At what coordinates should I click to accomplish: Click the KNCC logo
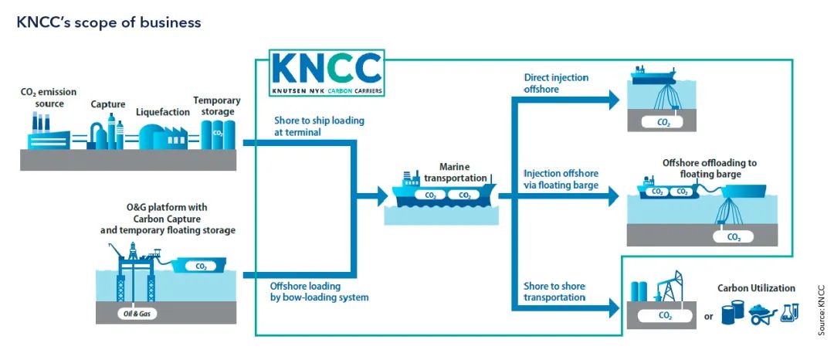click(327, 73)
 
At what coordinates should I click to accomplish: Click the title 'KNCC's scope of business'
click(109, 22)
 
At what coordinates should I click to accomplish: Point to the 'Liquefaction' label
click(163, 112)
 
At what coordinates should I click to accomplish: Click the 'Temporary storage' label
click(217, 106)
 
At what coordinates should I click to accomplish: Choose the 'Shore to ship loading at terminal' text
click(319, 126)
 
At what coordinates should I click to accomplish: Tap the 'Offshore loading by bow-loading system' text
click(319, 292)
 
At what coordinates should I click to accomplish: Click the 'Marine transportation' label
click(455, 172)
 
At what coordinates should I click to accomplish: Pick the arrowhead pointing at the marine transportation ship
click(382, 195)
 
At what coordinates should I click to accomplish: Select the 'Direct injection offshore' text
click(549, 83)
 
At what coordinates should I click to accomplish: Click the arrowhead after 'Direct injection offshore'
click(614, 100)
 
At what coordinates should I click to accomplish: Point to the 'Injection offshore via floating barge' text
click(561, 179)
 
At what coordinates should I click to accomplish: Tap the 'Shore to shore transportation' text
click(554, 291)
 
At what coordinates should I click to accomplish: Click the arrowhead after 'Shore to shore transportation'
click(614, 308)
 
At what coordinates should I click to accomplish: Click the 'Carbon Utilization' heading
click(756, 288)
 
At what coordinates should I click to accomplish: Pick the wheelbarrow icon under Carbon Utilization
click(763, 314)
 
